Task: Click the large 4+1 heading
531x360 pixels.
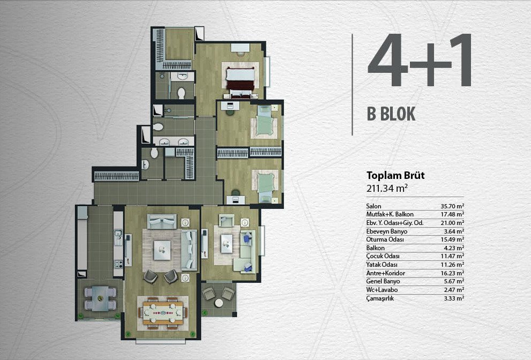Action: click(420, 61)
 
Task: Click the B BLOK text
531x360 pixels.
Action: click(391, 114)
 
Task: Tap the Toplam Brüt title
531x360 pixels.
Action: click(395, 175)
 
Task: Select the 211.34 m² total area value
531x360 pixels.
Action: click(387, 188)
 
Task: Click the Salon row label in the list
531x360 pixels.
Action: click(373, 206)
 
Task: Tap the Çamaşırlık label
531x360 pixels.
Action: click(380, 298)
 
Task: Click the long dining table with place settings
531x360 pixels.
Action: click(163, 312)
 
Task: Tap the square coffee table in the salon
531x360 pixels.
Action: click(162, 250)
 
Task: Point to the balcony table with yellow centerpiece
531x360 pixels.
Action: click(100, 298)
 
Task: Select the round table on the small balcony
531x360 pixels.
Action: click(219, 303)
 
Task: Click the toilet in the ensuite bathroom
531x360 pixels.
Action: click(182, 93)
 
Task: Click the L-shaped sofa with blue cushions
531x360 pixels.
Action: click(248, 251)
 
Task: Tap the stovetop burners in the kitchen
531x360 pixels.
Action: click(118, 264)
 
